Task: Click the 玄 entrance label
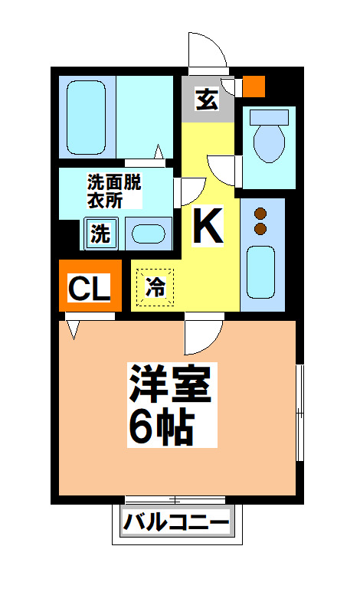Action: pyautogui.click(x=206, y=100)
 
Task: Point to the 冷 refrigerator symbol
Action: pyautogui.click(x=155, y=287)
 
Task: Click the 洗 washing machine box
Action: pyautogui.click(x=100, y=234)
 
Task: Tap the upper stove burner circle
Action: pyautogui.click(x=260, y=213)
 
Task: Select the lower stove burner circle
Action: pyautogui.click(x=260, y=228)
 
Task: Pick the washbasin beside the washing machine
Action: pyautogui.click(x=147, y=234)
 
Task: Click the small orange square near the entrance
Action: pyautogui.click(x=254, y=86)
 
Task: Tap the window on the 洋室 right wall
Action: pyautogui.click(x=299, y=414)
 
